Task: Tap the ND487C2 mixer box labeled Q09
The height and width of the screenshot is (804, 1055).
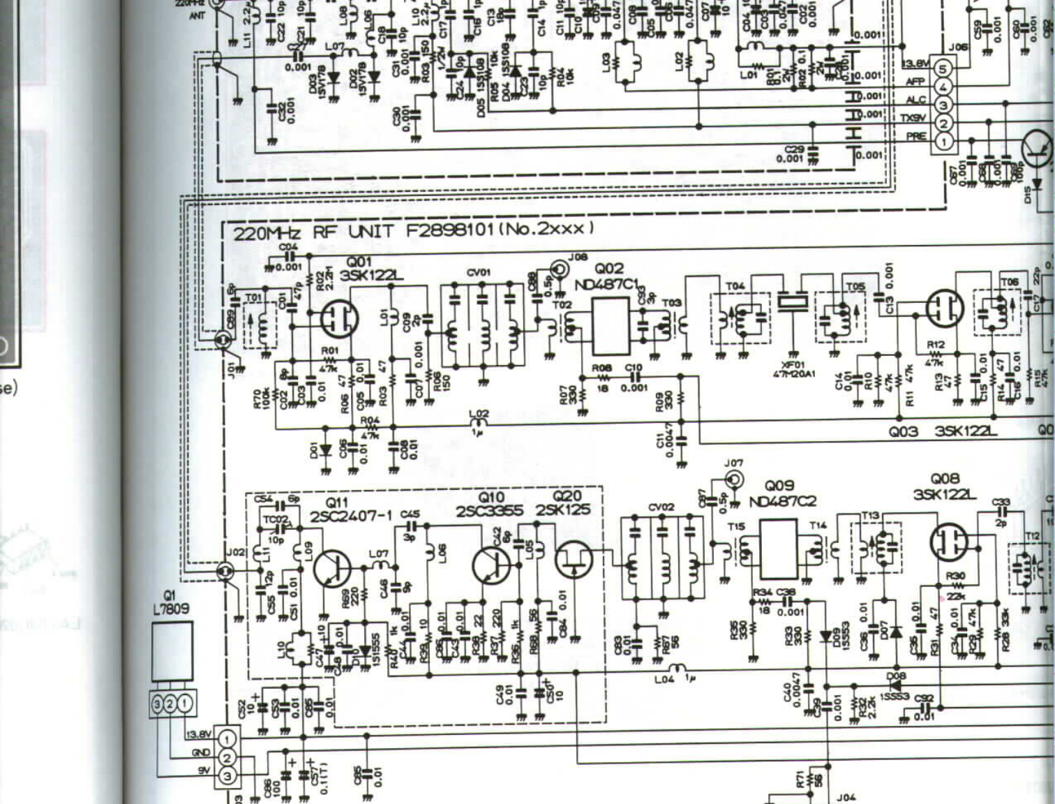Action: click(777, 548)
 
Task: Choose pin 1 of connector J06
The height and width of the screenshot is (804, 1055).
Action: click(943, 141)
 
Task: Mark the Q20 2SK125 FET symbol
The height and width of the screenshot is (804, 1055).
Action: click(574, 559)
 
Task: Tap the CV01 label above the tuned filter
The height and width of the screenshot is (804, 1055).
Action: click(479, 272)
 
